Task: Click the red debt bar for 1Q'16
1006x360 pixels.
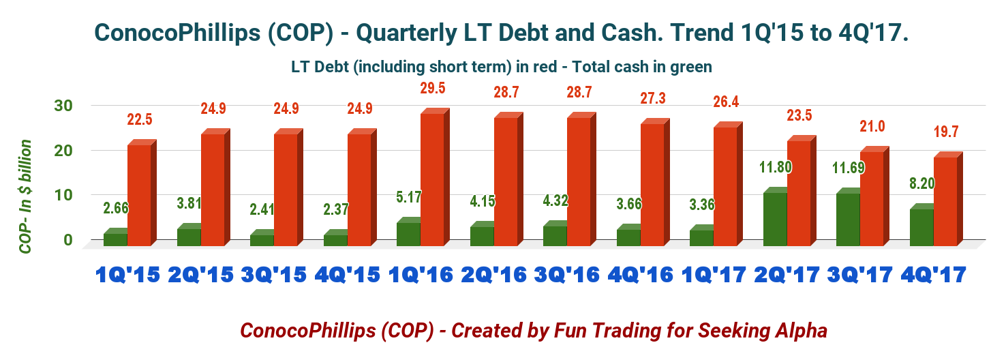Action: (x=432, y=179)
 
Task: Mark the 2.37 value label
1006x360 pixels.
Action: (x=336, y=209)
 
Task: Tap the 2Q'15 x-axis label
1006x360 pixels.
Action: (x=200, y=275)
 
